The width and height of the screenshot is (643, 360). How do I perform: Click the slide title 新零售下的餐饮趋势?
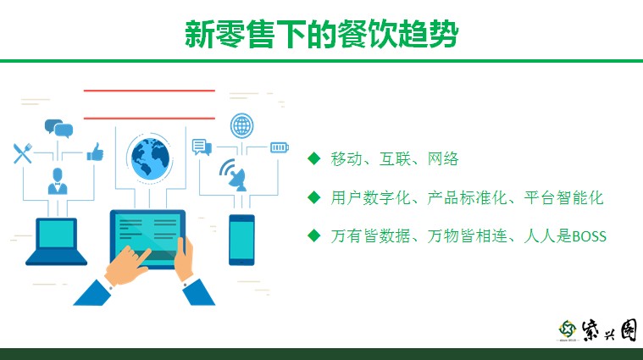pos(322,34)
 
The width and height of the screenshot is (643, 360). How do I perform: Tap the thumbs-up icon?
pos(95,152)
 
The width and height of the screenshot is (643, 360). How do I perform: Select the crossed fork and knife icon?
pos(23,153)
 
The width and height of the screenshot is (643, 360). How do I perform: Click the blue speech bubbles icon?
pos(58,129)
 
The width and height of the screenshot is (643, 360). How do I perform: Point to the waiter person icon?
pos(58,180)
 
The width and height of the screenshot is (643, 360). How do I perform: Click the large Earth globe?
pos(150,158)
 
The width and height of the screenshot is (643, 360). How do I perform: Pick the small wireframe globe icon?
pos(242,125)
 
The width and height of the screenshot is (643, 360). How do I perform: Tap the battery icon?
pos(280,147)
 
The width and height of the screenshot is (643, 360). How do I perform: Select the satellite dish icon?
pos(234,175)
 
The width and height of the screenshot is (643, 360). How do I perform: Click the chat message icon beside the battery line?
pos(202,147)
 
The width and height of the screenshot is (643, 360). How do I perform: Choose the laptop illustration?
pos(56,241)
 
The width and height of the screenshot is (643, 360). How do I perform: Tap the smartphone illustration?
pos(241,240)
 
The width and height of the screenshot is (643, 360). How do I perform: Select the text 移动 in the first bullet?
pos(346,158)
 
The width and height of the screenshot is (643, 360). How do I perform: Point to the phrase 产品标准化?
pos(467,197)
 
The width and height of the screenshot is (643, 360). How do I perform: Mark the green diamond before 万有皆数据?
pos(314,235)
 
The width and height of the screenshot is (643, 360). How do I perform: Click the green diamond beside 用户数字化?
pos(314,197)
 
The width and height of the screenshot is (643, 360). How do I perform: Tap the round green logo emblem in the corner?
pos(567,330)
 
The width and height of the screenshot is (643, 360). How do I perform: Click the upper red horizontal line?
pos(149,90)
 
